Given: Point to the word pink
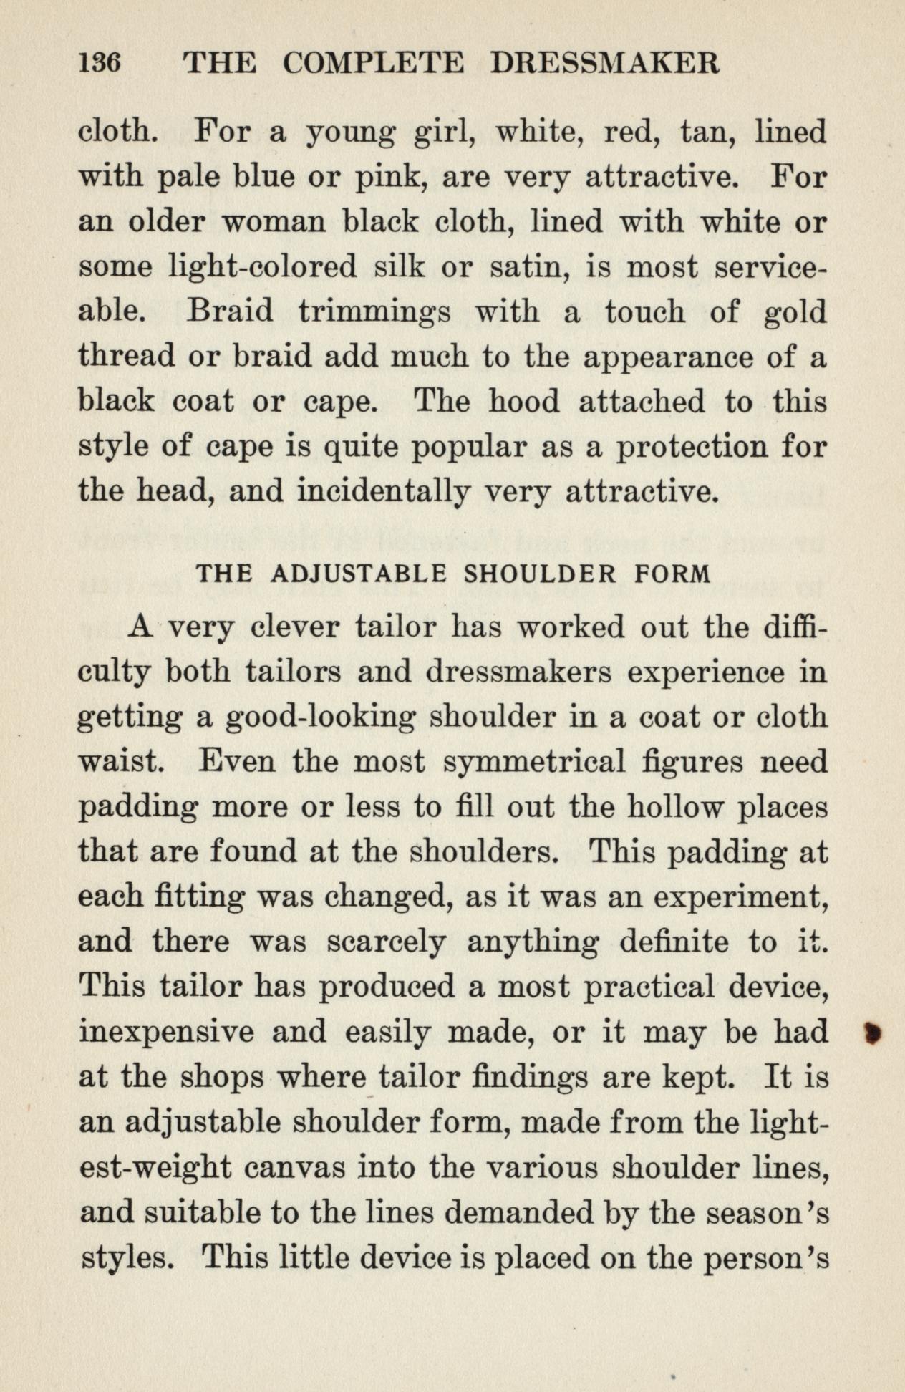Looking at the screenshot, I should point(392,178).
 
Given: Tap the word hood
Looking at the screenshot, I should point(524,402).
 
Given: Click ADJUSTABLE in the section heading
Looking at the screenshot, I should point(360,574).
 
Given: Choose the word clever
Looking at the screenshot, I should point(295,628).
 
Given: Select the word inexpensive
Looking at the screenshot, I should point(165,1033).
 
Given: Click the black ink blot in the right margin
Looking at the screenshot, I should point(872,1033).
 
